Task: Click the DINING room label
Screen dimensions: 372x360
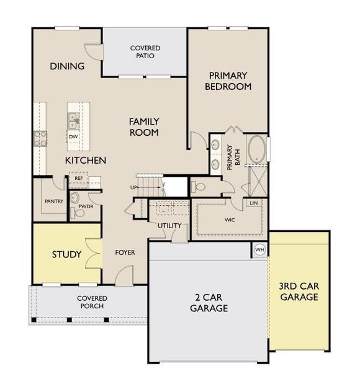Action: [67, 66]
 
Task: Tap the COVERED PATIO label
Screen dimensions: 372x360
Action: [145, 52]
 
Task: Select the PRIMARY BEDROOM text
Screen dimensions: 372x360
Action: [228, 81]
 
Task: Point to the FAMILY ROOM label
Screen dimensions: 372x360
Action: [144, 126]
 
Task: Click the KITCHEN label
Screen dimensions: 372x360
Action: [86, 161]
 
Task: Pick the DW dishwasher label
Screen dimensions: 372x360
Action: [73, 137]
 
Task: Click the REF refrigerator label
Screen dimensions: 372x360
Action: [79, 178]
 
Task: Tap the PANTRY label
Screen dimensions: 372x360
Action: [55, 201]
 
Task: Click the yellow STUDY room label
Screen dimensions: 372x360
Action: [67, 254]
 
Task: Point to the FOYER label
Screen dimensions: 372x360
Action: [125, 253]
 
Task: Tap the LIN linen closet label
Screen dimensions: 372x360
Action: [253, 203]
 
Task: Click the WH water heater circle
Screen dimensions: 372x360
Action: [259, 250]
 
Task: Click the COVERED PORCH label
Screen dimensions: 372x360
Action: [91, 302]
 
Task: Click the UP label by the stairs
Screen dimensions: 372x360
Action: [133, 187]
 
